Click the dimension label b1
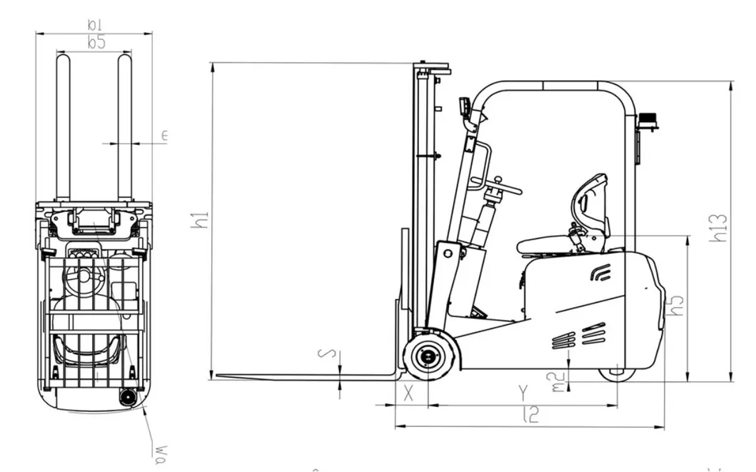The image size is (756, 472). (x=94, y=25)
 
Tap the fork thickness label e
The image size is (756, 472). (x=163, y=136)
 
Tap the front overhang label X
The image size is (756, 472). (x=408, y=392)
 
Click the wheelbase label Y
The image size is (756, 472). (x=523, y=392)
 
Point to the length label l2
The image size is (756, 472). (x=530, y=414)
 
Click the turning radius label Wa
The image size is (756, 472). (x=161, y=451)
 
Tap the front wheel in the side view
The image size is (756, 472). (x=427, y=355)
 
